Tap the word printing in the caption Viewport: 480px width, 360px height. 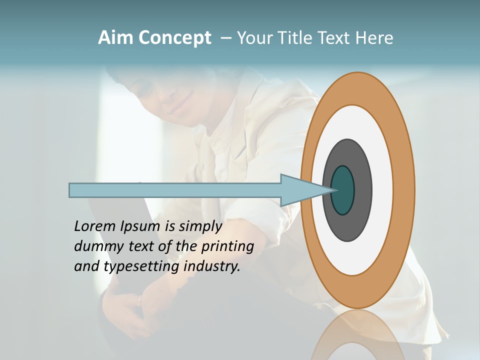click(x=227, y=246)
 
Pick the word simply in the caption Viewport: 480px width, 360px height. click(x=200, y=226)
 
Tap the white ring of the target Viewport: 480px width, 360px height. click(x=382, y=190)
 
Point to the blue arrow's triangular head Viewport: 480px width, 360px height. click(x=300, y=190)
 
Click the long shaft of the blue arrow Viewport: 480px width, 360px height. click(x=175, y=190)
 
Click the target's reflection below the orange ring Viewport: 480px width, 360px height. click(x=357, y=335)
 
